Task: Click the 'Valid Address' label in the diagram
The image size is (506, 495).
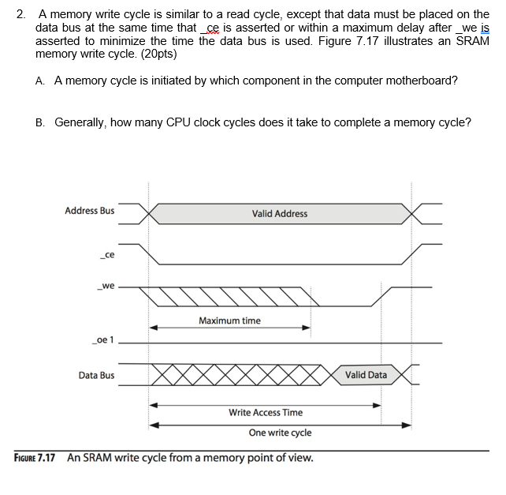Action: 279,214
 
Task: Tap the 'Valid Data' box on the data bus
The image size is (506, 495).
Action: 366,375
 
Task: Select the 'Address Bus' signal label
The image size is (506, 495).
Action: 89,211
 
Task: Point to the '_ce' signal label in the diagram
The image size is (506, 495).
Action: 107,255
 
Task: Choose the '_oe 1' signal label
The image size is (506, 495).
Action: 103,340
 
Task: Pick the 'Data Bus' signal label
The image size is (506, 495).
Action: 96,376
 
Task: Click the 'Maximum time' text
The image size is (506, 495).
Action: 229,321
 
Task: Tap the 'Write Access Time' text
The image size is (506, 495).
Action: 266,412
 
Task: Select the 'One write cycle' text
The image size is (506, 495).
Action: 280,433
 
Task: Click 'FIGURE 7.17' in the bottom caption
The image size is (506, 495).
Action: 35,458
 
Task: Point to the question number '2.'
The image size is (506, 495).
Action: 21,14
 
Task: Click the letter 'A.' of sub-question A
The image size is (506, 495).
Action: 40,81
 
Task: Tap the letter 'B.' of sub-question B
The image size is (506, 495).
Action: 40,122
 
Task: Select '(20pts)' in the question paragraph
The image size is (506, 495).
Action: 158,54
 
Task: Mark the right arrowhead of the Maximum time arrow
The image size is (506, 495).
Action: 307,328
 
